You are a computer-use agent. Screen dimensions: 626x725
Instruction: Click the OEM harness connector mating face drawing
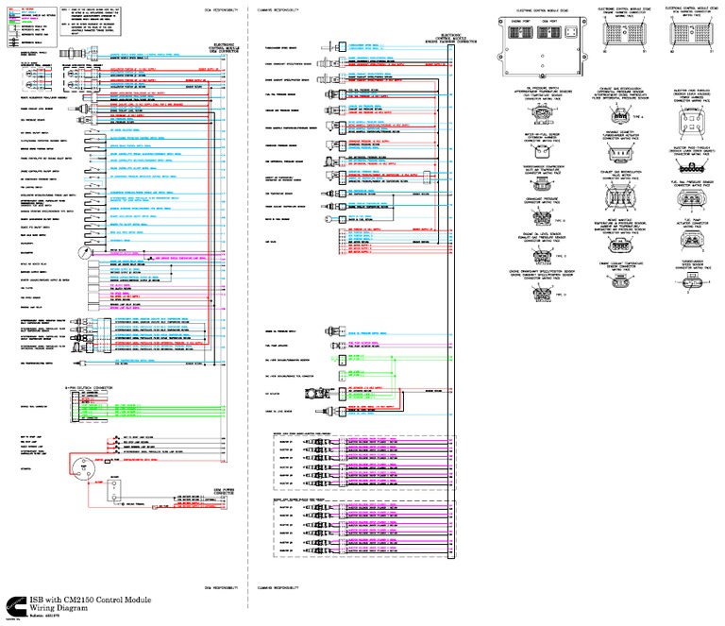point(690,31)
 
